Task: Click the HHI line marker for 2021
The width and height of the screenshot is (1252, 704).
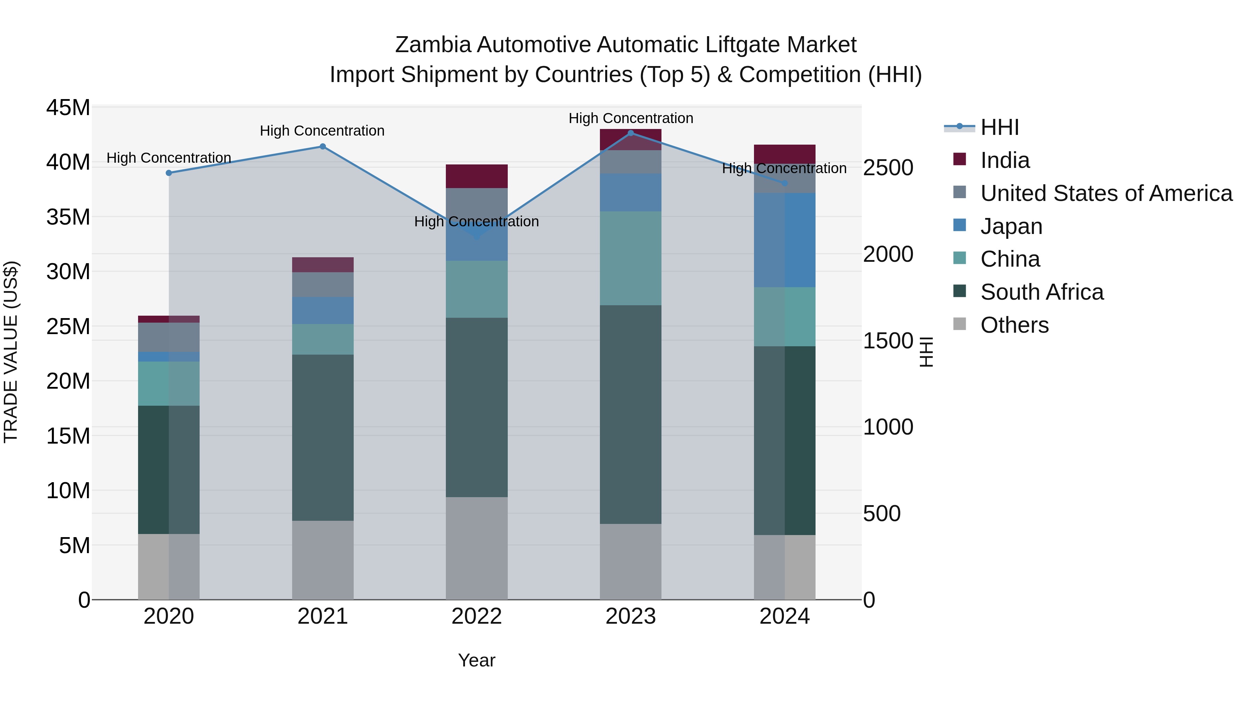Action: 322,146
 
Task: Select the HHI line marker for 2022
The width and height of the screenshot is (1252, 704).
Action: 476,237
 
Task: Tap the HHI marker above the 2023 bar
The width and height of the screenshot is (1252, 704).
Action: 631,133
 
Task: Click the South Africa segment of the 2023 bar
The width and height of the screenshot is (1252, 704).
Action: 631,414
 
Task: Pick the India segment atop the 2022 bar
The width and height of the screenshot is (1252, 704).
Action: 476,176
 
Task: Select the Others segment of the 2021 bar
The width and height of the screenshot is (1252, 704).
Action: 322,560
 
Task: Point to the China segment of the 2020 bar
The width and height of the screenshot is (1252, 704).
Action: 169,383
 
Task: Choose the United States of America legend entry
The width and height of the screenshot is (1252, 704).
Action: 1106,193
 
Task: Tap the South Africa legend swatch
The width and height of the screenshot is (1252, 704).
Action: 960,292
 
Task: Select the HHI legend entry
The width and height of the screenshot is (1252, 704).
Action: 999,127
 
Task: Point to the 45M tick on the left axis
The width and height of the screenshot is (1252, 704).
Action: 68,107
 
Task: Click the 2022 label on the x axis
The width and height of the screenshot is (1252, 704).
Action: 476,616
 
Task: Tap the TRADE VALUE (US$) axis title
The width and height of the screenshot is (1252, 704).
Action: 11,352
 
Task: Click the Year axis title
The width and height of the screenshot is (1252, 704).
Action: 476,660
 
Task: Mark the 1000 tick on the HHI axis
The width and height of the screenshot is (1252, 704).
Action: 888,427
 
